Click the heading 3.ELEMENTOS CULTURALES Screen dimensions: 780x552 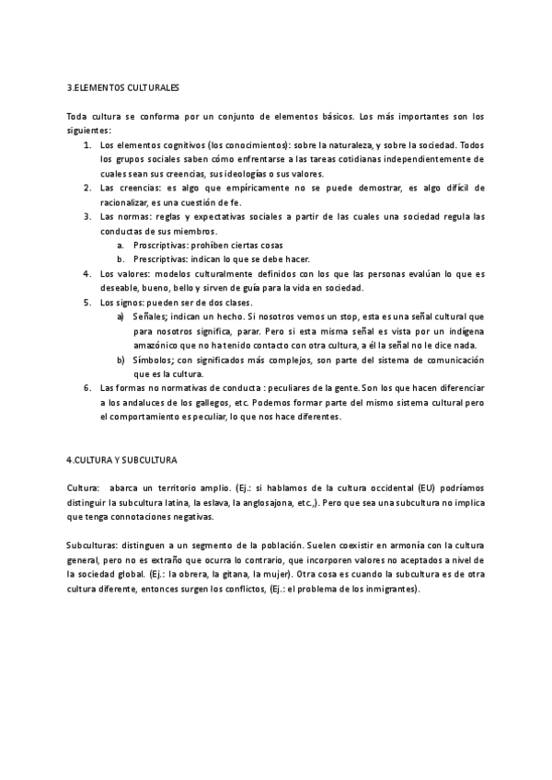[123, 88]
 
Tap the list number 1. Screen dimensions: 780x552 [86, 145]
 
